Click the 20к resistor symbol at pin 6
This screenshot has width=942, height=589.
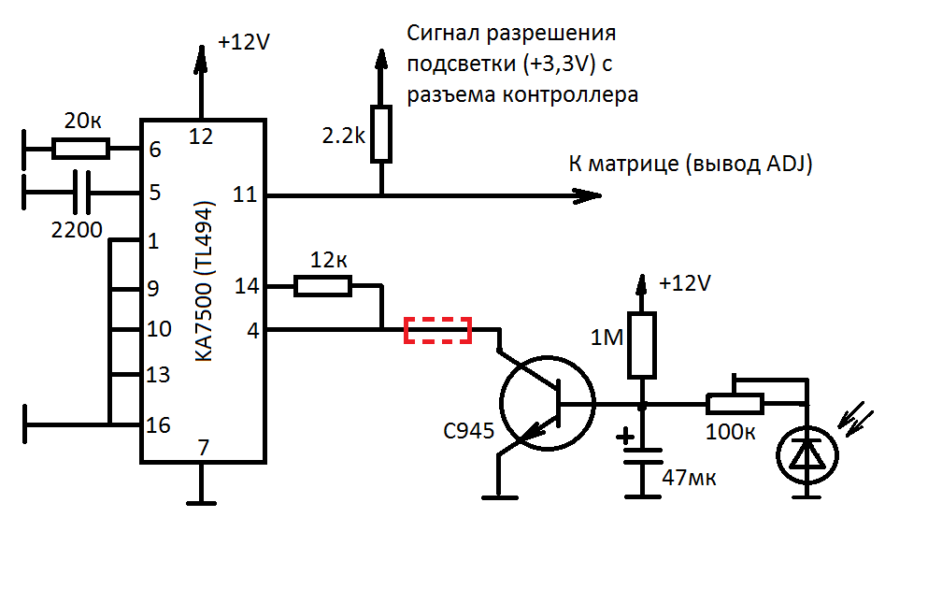pyautogui.click(x=80, y=148)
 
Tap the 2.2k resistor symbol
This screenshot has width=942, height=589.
pyautogui.click(x=380, y=135)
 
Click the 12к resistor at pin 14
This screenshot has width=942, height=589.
pyautogui.click(x=322, y=286)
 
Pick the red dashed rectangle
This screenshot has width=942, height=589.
pyautogui.click(x=436, y=330)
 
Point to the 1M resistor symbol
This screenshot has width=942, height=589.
pyautogui.click(x=642, y=346)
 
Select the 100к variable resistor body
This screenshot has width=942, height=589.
pyautogui.click(x=735, y=404)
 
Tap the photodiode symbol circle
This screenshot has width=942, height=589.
pyautogui.click(x=808, y=455)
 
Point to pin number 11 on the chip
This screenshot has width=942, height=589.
pyautogui.click(x=245, y=194)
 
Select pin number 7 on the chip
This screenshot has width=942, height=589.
pyautogui.click(x=203, y=448)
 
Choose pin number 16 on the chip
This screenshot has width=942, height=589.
pyautogui.click(x=158, y=425)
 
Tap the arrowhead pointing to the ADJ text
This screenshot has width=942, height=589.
pyautogui.click(x=587, y=195)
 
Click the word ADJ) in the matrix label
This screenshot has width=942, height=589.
pyautogui.click(x=790, y=165)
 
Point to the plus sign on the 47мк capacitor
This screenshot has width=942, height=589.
pyautogui.click(x=623, y=436)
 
